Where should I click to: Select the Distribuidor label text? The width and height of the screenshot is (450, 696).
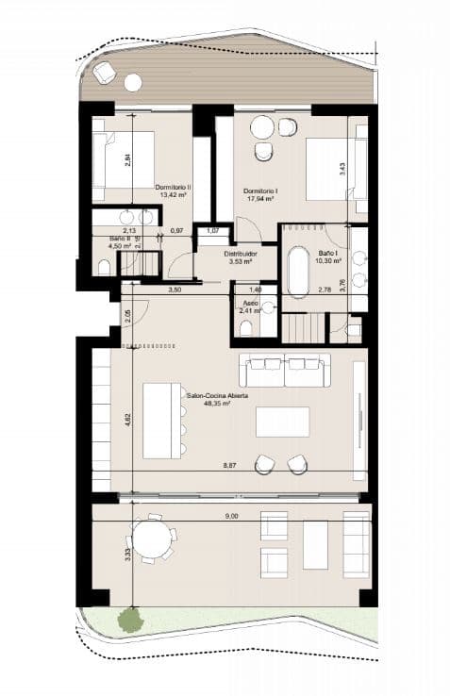[x=242, y=255]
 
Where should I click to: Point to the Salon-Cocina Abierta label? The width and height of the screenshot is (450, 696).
[x=216, y=397]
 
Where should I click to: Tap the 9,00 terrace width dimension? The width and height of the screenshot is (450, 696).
[x=232, y=516]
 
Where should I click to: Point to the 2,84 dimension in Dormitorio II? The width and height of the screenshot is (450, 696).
[x=127, y=160]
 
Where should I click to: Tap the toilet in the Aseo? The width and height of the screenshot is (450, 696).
[x=246, y=326]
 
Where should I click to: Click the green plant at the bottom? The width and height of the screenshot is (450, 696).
[x=129, y=620]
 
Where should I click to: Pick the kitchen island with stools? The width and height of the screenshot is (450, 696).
[x=162, y=421]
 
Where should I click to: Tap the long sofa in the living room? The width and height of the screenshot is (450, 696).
[x=285, y=369]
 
